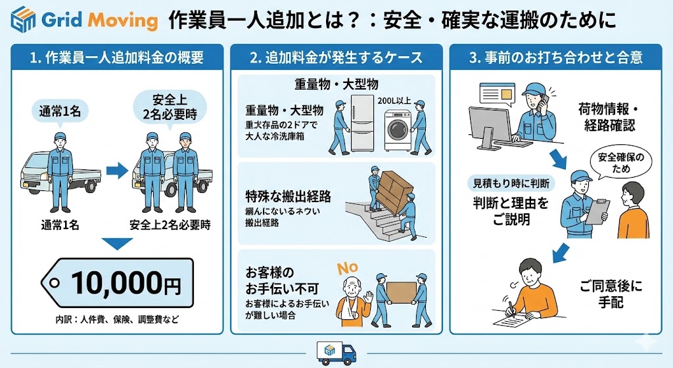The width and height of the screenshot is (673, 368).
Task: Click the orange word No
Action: pyautogui.click(x=348, y=269)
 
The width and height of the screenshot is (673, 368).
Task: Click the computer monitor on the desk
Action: pyautogui.click(x=490, y=123)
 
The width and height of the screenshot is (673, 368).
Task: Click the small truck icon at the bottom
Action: pyautogui.click(x=336, y=352)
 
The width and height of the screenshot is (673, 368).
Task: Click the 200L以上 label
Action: pyautogui.click(x=394, y=101)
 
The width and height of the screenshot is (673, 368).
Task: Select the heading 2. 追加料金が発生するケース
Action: pyautogui.click(x=336, y=57)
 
